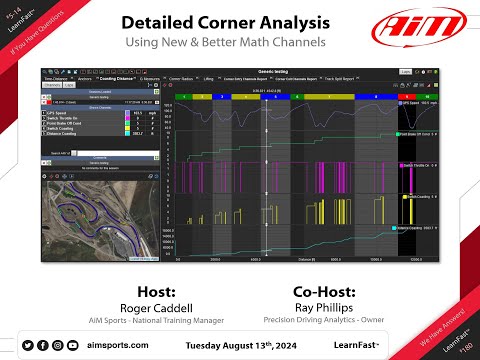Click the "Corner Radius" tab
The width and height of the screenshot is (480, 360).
pyautogui.click(x=181, y=78)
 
